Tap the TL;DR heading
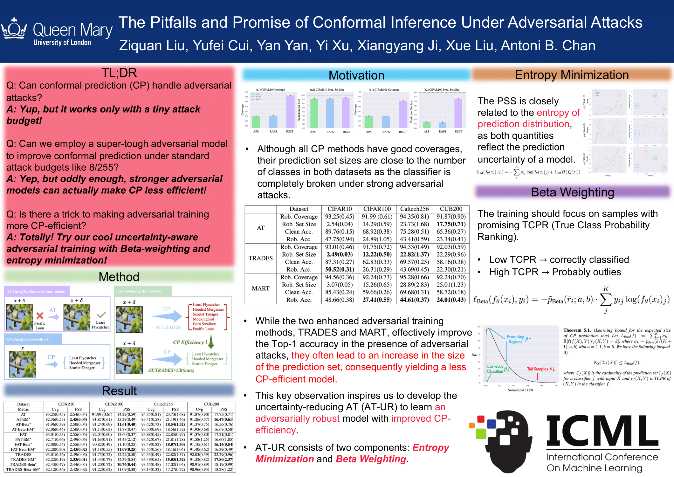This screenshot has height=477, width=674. (119, 73)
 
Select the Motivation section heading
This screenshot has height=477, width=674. (356, 75)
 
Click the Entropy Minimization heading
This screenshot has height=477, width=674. (572, 75)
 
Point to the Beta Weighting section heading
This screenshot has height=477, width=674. (573, 192)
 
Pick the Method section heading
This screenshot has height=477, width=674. (119, 277)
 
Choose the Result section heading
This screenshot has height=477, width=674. (119, 391)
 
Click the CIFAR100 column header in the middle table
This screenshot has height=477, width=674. (377, 209)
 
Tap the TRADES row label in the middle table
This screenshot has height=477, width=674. (260, 258)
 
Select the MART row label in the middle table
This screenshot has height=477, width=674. (260, 288)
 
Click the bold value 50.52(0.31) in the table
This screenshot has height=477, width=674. (340, 269)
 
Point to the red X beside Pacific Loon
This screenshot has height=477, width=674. (40, 315)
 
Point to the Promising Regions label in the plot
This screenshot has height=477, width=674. (515, 339)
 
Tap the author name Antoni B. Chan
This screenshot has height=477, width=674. (548, 45)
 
